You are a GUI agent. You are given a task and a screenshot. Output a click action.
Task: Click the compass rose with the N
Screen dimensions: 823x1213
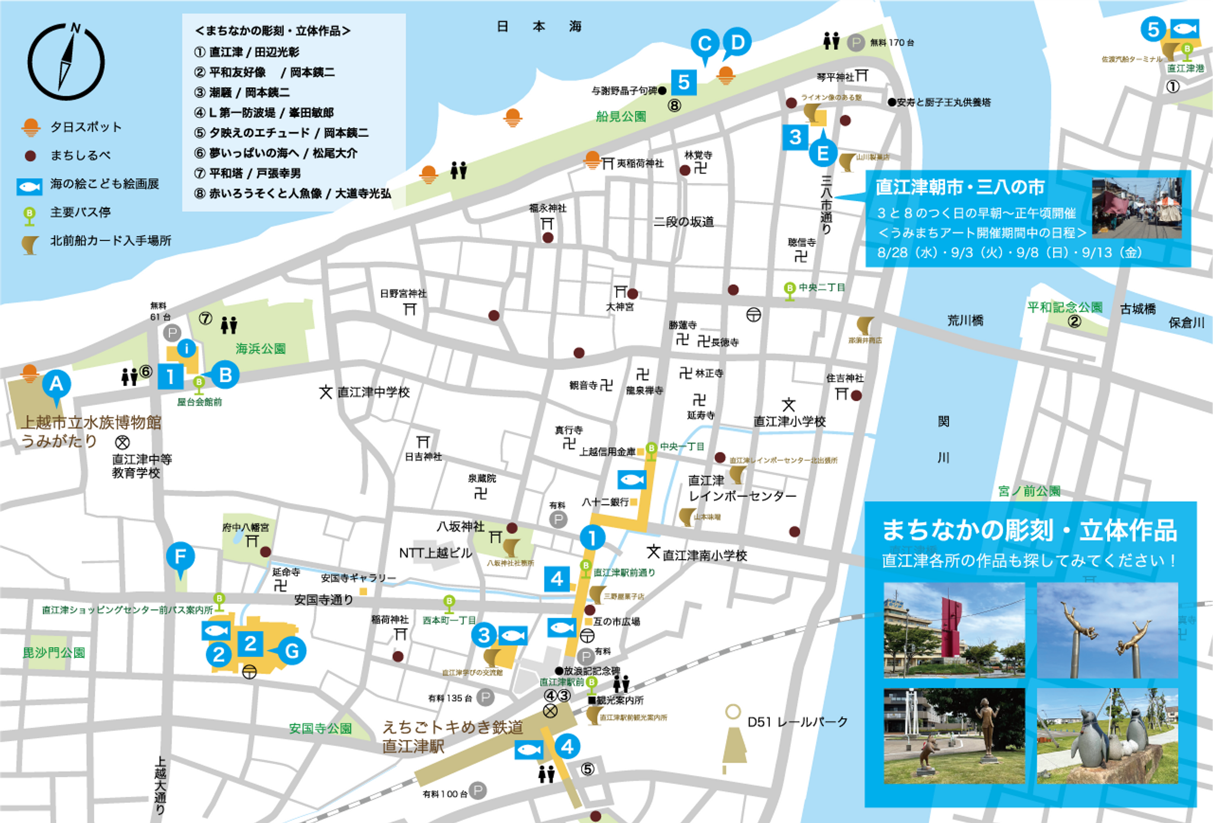(x=66, y=62)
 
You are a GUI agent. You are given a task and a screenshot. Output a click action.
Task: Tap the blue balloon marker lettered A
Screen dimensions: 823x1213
(x=56, y=385)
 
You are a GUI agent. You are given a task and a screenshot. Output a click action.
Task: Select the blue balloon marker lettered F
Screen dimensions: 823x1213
(x=180, y=557)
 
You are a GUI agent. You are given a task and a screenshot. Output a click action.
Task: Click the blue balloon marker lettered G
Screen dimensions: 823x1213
(x=291, y=651)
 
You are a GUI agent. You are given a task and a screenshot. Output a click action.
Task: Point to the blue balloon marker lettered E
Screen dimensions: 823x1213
(x=823, y=153)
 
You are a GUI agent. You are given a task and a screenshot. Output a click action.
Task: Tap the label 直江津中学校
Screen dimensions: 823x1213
(x=373, y=392)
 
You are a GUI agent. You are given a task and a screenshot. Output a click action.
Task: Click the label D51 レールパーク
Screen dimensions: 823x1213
(x=797, y=722)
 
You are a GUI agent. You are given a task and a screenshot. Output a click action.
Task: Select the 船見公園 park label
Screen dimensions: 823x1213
(x=621, y=117)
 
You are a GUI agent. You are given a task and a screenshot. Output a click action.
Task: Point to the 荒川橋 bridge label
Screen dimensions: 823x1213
(x=965, y=320)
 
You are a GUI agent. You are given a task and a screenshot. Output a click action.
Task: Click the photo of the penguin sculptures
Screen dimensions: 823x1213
(x=1107, y=735)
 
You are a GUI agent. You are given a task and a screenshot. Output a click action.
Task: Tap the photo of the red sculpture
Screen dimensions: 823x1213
(x=954, y=629)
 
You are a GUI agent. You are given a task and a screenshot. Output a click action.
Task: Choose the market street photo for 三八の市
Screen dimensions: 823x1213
(x=1136, y=208)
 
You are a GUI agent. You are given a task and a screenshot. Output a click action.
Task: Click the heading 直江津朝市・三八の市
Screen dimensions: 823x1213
(x=960, y=187)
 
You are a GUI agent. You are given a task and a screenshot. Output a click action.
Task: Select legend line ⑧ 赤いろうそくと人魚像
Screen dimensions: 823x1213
(x=293, y=194)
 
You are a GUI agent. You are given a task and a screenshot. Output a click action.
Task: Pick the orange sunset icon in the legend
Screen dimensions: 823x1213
(x=30, y=127)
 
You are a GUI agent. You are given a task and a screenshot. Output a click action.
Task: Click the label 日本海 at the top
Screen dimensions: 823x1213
(x=538, y=27)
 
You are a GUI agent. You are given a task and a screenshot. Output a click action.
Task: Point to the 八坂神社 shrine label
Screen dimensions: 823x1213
(x=460, y=526)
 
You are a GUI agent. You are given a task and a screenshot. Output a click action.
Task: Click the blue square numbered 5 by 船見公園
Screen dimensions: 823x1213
(x=683, y=82)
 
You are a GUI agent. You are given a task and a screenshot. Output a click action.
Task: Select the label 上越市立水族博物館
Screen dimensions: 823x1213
(x=91, y=422)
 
